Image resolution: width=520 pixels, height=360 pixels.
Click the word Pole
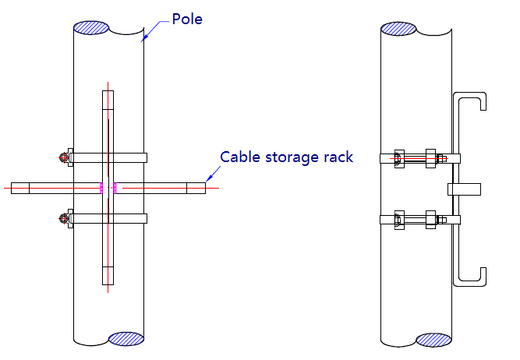click(187, 19)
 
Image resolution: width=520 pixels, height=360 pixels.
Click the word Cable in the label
click(240, 157)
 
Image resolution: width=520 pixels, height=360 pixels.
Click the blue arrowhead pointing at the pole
click(144, 38)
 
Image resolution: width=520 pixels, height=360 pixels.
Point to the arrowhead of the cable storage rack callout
click(208, 178)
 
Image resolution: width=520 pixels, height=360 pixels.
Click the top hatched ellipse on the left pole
click(91, 27)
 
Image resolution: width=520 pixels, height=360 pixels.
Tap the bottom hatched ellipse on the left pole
click(126, 339)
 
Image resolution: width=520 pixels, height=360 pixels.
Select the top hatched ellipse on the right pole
click(398, 29)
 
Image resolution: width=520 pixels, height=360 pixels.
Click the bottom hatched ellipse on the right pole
click(433, 340)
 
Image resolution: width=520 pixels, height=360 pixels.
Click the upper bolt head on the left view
click(63, 157)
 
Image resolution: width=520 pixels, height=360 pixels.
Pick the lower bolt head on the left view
click(63, 218)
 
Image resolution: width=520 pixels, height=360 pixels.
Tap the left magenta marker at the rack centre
click(101, 188)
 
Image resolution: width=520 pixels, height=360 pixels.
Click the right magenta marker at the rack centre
click(115, 188)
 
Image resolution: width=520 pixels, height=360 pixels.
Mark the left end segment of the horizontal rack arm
click(20, 188)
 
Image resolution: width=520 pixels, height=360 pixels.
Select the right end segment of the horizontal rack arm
click(196, 188)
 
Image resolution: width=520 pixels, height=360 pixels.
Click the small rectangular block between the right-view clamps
click(465, 189)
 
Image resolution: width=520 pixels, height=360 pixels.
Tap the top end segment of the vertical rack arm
click(108, 100)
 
